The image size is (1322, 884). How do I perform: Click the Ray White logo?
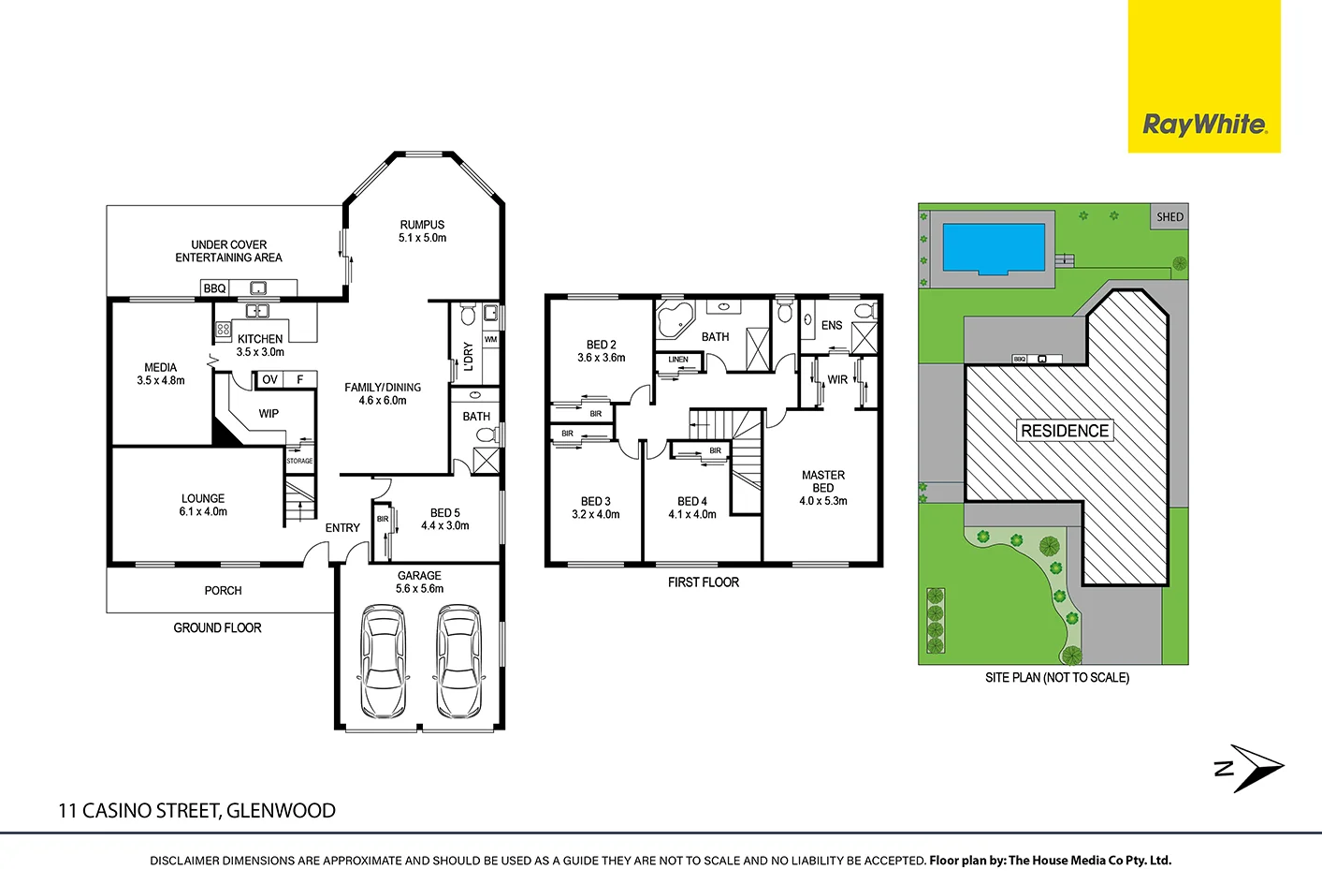[x=1204, y=124]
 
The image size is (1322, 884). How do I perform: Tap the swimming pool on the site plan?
[x=993, y=247]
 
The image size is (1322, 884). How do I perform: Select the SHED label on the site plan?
[x=1169, y=217]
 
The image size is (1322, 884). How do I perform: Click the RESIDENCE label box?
[x=1065, y=431]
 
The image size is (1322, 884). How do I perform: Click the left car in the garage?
[x=383, y=659]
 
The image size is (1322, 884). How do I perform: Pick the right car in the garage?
[x=458, y=659]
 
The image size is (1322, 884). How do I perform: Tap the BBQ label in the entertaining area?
[x=214, y=288]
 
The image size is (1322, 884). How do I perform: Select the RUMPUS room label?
[x=422, y=225]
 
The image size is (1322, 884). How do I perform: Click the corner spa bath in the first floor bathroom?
[x=672, y=319]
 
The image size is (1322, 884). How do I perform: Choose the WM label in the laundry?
[x=490, y=339]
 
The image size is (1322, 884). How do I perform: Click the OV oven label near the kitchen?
[x=269, y=379]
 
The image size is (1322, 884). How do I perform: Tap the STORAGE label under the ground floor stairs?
[x=299, y=461]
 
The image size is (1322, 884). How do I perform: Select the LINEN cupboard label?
[x=678, y=360]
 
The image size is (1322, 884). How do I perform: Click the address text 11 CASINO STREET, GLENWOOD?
[x=196, y=811]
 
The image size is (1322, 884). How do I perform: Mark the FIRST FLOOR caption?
[x=703, y=582]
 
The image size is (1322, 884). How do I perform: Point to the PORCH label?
[x=223, y=591]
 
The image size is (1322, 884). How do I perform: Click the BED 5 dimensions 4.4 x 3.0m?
[x=444, y=526]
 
